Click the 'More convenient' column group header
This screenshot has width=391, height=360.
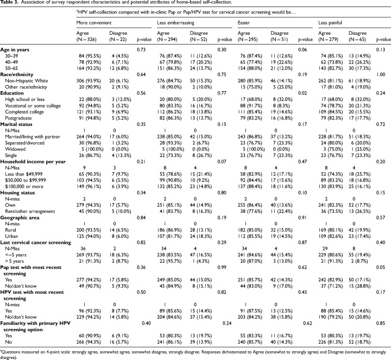(x=92, y=24)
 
